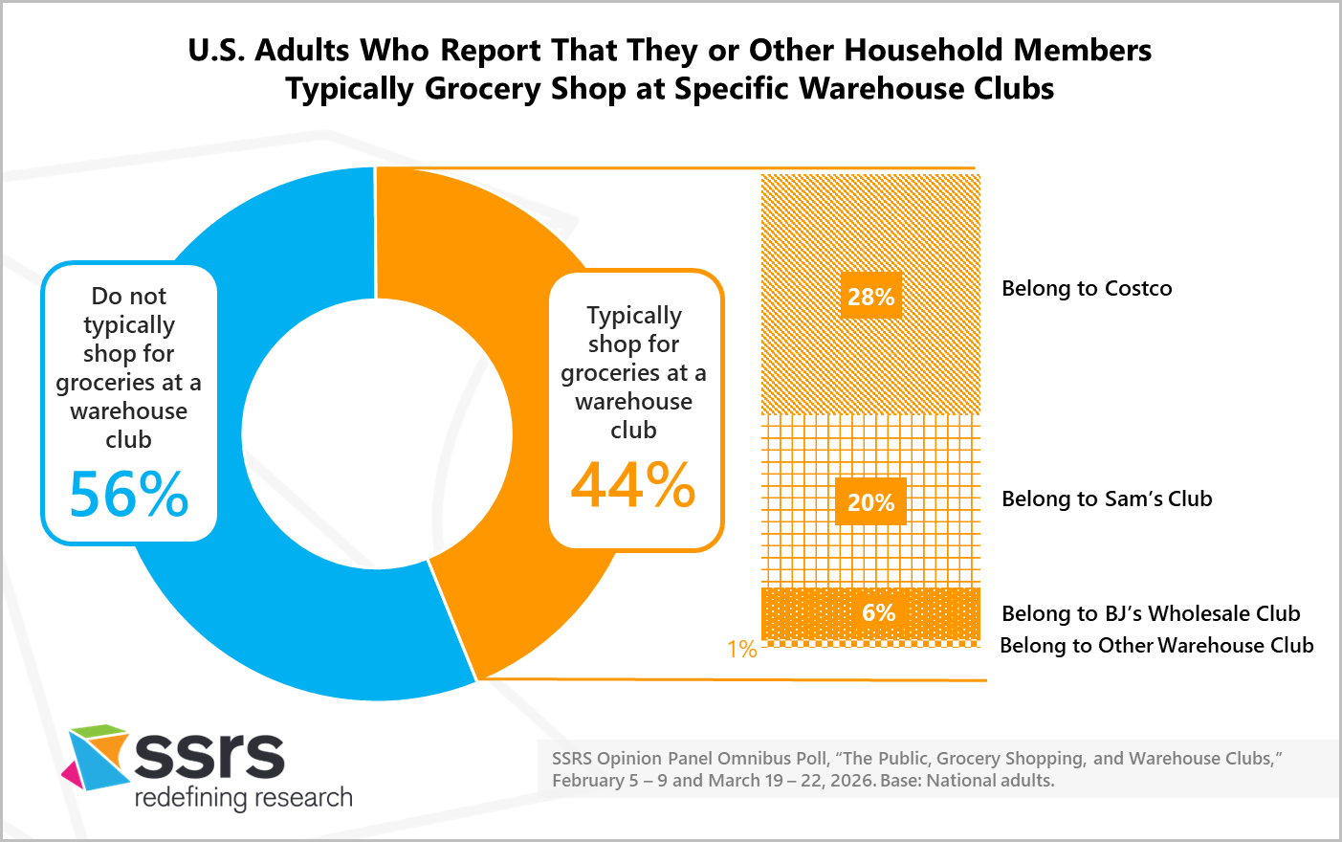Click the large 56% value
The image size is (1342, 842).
pos(129,495)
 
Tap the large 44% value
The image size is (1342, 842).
pos(633,485)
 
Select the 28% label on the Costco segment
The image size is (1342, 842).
pos(870,297)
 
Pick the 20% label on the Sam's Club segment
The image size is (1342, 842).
pos(870,502)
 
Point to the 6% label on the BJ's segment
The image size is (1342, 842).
pos(878,612)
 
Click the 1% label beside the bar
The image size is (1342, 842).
pos(741,650)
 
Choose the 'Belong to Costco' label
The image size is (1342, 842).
pos(1087,288)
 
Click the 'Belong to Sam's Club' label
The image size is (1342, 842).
pos(1107,499)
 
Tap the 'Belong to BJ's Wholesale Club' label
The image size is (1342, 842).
pos(1151,613)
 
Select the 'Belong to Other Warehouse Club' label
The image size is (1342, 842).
pos(1156,645)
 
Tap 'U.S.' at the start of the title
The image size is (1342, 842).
pos(216,50)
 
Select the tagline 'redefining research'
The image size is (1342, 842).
pos(244,797)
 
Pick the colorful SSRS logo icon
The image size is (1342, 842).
pos(96,756)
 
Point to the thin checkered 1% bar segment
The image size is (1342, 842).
pos(870,644)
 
